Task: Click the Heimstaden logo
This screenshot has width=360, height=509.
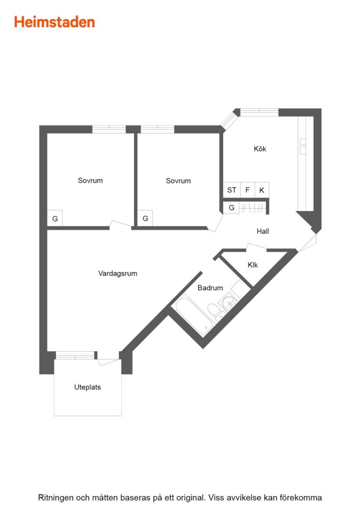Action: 54,22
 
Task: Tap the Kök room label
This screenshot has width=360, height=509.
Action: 260,149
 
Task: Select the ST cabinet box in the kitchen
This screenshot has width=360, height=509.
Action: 232,190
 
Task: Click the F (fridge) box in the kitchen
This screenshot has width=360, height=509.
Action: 247,190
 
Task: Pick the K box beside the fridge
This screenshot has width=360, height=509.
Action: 262,190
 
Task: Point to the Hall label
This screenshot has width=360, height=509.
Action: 263,231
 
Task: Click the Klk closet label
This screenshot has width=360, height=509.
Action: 252,265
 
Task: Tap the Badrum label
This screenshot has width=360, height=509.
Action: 210,288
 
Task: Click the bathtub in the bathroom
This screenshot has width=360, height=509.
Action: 194,314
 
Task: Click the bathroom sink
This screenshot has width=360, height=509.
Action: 229,301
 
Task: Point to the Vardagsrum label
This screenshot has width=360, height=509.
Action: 118,273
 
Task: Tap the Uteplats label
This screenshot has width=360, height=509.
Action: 87,387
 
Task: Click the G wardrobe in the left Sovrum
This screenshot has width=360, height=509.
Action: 55,218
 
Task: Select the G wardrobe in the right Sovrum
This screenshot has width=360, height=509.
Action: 145,218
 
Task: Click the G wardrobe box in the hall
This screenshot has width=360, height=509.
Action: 232,208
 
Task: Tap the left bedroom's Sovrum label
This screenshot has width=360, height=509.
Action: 91,180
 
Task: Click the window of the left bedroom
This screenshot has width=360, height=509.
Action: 109,129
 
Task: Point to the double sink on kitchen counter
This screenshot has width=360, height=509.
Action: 303,146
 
